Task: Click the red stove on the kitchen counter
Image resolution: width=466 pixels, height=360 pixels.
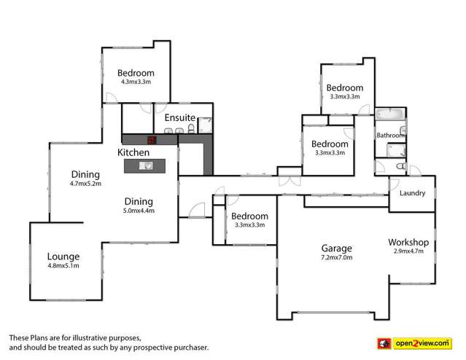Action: tap(151, 140)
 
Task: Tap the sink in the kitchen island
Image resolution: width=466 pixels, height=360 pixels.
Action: tap(146, 165)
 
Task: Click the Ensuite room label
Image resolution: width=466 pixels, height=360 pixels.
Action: tap(179, 117)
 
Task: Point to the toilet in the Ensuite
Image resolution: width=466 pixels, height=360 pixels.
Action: tap(191, 130)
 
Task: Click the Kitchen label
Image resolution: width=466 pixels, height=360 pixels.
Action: tap(133, 153)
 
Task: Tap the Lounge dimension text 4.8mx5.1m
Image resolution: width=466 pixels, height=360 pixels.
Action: tap(63, 266)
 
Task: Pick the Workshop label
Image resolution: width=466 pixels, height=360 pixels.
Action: tap(408, 242)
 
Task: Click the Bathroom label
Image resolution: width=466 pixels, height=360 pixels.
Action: tap(390, 136)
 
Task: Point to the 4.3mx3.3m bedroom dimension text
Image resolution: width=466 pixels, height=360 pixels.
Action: tap(136, 82)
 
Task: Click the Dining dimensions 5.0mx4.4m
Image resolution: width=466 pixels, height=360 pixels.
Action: tap(138, 211)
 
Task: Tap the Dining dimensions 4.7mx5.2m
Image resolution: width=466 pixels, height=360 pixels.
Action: tap(85, 184)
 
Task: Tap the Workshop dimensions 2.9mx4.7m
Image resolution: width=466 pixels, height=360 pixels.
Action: tap(408, 251)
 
